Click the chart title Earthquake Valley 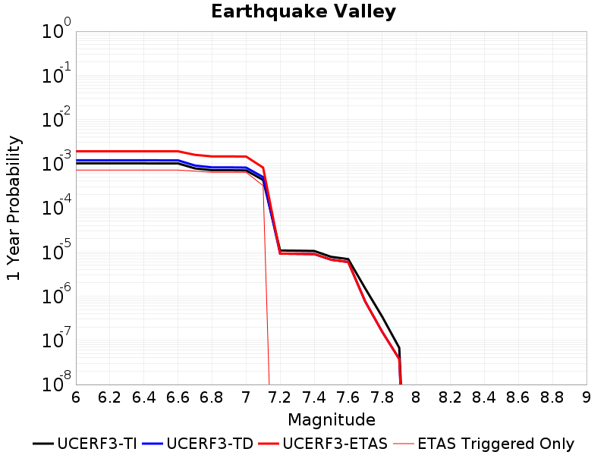(303, 11)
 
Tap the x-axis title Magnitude (332, 420)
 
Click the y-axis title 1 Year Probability (14, 208)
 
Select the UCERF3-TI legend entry (85, 444)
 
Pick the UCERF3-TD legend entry (197, 444)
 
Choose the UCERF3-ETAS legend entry (323, 444)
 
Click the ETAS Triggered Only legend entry (483, 444)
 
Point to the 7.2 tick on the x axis (280, 397)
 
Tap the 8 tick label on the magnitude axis (416, 397)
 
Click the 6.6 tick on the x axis (178, 397)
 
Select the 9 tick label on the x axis (587, 397)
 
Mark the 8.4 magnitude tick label (484, 397)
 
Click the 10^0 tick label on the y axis (56, 29)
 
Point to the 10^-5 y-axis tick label (56, 250)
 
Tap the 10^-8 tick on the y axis (56, 382)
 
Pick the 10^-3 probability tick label (56, 162)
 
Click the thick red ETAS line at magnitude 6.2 (110, 151)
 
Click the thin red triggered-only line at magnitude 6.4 (144, 170)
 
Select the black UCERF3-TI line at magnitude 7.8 (382, 317)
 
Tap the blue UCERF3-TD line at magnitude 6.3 (127, 160)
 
